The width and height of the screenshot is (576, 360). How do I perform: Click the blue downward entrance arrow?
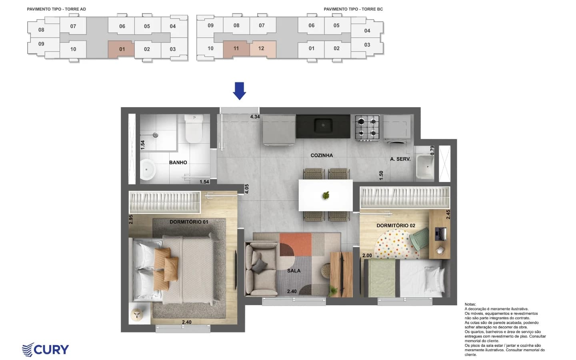coord(239,91)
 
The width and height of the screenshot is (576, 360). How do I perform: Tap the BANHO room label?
coord(178,162)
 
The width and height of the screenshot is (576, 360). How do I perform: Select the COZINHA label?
coord(322,155)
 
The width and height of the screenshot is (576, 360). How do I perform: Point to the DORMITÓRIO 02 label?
coord(396,226)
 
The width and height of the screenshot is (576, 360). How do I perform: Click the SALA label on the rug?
coord(294,270)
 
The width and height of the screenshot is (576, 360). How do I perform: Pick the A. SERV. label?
coord(400,159)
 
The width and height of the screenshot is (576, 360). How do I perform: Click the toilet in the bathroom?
coord(194,128)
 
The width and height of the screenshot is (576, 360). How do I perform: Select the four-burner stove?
coord(367,128)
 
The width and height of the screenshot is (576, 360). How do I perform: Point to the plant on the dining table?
coord(326,196)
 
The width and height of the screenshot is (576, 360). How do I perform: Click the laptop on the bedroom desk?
coord(441,234)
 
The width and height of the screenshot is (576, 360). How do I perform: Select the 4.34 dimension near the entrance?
coord(255,117)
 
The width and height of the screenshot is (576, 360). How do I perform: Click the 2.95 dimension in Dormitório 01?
coord(131,219)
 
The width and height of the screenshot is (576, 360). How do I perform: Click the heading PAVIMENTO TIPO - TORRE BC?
coord(353,9)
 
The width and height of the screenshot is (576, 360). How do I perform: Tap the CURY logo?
coord(46,350)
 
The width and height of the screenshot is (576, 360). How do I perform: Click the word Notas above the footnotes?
coord(470,304)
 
